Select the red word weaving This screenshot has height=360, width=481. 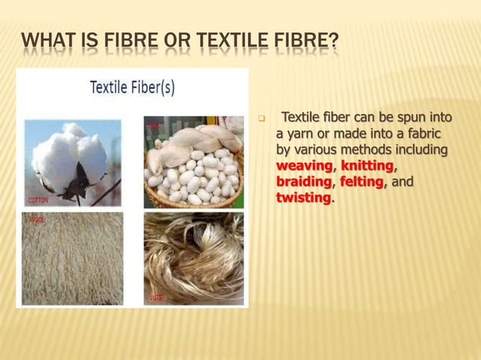[x=305, y=166]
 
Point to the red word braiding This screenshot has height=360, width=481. [x=304, y=182]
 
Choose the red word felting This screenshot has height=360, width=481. [x=361, y=182]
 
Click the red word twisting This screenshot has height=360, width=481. [x=303, y=198]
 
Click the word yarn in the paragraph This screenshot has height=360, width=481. [x=303, y=133]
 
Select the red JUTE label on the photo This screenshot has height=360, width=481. [x=156, y=297]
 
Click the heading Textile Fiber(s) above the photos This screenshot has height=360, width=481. [x=132, y=87]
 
